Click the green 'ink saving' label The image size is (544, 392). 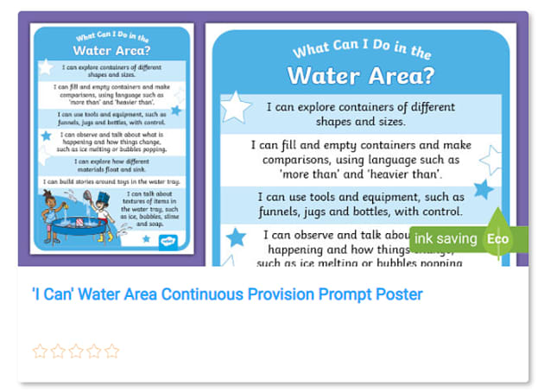click(x=444, y=238)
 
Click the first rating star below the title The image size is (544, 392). click(x=40, y=351)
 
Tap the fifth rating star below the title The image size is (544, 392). click(x=111, y=351)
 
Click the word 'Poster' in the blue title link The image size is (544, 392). click(x=399, y=294)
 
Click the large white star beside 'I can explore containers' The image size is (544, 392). click(x=235, y=107)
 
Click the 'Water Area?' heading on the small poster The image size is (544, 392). click(x=111, y=49)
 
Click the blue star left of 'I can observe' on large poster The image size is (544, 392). click(x=235, y=236)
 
